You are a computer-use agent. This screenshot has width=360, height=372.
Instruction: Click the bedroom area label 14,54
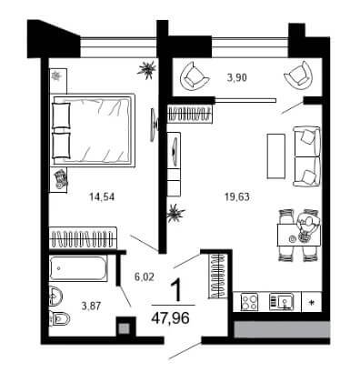pos(102,197)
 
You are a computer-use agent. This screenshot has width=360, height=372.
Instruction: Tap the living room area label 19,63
pos(237,197)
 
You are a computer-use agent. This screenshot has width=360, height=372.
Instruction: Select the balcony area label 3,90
pos(237,77)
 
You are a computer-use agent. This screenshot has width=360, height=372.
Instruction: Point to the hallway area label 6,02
pos(145,276)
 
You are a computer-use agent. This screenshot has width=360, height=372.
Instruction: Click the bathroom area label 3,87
pos(91,307)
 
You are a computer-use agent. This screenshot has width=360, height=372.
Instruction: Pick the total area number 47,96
pos(171,318)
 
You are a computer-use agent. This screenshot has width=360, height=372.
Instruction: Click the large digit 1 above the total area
pos(175,290)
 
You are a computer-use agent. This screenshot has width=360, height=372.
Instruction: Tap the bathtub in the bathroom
pos(78,268)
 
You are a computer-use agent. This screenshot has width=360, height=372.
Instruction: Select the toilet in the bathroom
pos(60,318)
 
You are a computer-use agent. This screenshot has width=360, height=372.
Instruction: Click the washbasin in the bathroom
pos(55,297)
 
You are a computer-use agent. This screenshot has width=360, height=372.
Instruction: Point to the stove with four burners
pos(249,302)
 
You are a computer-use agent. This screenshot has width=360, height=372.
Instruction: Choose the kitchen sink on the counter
pos(281,302)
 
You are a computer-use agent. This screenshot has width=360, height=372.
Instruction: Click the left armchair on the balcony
pos(194,78)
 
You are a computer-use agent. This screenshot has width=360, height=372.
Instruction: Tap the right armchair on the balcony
pos(298,75)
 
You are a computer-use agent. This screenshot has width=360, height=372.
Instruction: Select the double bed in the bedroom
pos(93,130)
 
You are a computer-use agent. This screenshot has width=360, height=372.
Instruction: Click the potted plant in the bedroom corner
pos(147,70)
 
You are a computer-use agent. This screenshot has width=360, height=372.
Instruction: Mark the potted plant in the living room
pos(175,213)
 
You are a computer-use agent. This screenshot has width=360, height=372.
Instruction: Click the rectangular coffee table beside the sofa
pos(275,156)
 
